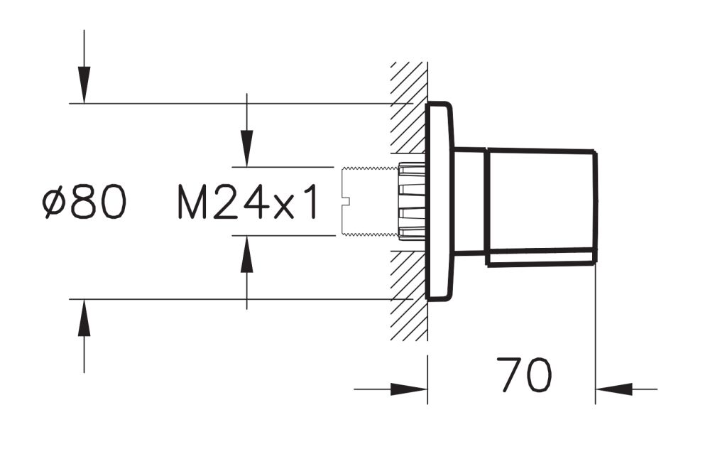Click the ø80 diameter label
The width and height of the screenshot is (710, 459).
point(84,202)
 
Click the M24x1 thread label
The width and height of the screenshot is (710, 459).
point(246,202)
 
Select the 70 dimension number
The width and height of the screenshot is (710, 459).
point(525,374)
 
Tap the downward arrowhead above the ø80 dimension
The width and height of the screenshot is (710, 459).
point(84,85)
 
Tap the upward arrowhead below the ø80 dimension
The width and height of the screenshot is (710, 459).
point(84,318)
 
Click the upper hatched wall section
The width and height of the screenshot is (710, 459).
point(409,107)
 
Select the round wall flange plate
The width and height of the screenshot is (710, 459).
point(439,201)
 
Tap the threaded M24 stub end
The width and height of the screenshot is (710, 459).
point(369,202)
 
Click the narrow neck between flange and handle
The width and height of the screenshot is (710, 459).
point(469,200)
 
